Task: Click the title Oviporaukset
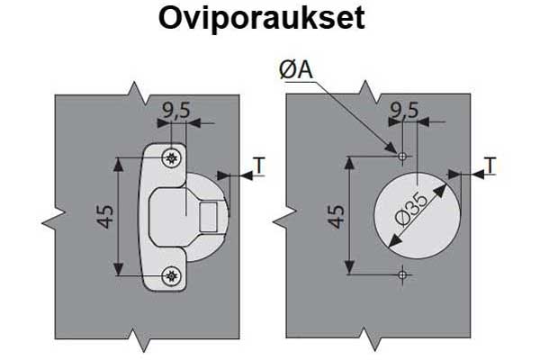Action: (x=261, y=20)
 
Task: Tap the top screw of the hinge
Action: (x=172, y=157)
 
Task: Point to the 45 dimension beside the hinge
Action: (x=106, y=216)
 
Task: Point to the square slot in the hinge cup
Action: (x=209, y=216)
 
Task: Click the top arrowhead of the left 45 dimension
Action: (x=120, y=163)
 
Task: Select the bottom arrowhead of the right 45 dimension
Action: (x=350, y=269)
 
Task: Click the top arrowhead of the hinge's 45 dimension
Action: (x=120, y=163)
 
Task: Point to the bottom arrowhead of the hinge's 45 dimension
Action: (x=120, y=269)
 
